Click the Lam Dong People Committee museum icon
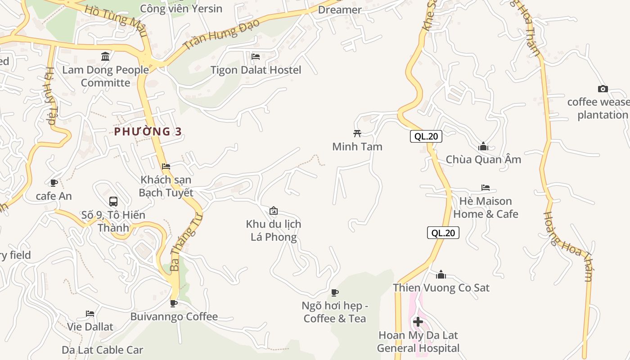click(x=105, y=57)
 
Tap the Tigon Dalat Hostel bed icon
click(x=256, y=57)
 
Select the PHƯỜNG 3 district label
click(x=148, y=131)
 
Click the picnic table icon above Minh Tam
click(x=357, y=133)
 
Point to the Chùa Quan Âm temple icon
click(x=483, y=146)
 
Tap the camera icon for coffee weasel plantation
click(x=603, y=89)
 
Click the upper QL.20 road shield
click(x=426, y=136)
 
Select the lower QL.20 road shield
click(x=443, y=233)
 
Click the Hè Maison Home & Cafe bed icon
click(x=485, y=188)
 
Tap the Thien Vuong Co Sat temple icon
click(x=441, y=274)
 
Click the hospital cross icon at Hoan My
click(x=418, y=322)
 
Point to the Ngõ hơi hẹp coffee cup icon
click(x=334, y=293)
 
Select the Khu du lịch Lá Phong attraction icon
click(x=273, y=211)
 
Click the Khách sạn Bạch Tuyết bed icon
click(x=166, y=166)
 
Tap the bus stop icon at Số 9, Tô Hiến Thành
click(x=113, y=202)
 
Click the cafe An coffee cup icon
click(x=54, y=183)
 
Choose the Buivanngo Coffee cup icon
click(x=174, y=303)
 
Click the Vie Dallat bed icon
click(x=90, y=314)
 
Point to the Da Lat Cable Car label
click(x=102, y=350)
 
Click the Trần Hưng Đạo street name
click(x=222, y=34)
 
